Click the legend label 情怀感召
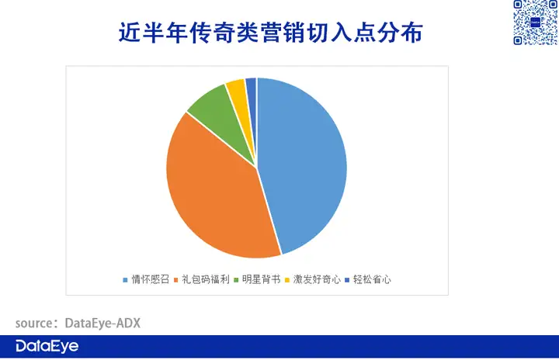click(150, 279)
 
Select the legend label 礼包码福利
click(206, 279)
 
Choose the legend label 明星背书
click(262, 279)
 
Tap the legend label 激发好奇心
click(317, 279)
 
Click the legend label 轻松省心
click(372, 279)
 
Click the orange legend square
click(175, 280)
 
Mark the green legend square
click(236, 280)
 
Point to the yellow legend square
click(287, 280)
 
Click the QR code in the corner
click(536, 22)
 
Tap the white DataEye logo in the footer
click(47, 347)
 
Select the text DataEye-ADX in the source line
click(102, 324)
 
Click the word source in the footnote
click(34, 324)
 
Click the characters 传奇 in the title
click(212, 33)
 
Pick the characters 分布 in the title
click(400, 33)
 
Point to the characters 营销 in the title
click(283, 33)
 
